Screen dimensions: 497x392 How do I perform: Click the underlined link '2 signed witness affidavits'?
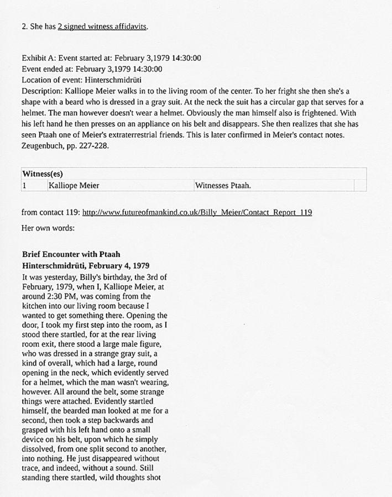tap(102, 27)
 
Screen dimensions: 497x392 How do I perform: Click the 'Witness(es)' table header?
tap(43, 174)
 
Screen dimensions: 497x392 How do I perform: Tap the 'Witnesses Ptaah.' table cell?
tap(223, 185)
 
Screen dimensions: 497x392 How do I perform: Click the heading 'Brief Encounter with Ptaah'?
tap(71, 254)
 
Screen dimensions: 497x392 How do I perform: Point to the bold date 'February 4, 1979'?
tap(117, 265)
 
